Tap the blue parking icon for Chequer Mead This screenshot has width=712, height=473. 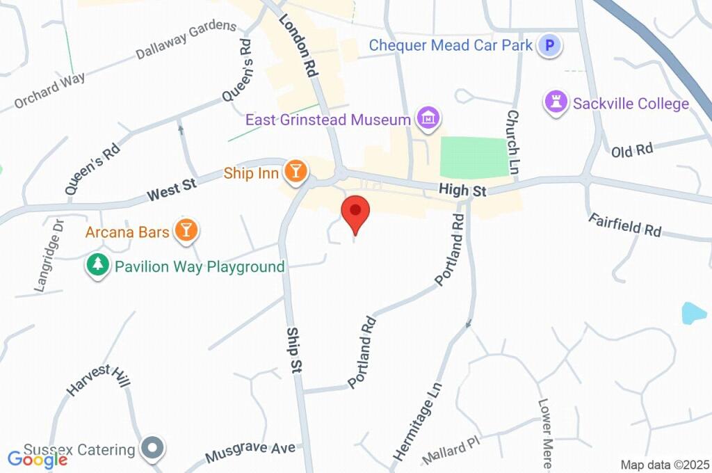click(552, 46)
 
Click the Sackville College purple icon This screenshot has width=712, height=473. click(556, 102)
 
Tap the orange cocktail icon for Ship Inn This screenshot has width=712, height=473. click(296, 172)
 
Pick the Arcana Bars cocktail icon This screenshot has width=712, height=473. click(186, 230)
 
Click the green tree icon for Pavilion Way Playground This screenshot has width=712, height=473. click(98, 265)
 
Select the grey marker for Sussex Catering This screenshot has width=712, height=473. click(151, 449)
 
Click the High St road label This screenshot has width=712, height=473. click(457, 189)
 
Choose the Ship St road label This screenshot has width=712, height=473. click(294, 351)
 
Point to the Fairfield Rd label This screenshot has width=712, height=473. click(624, 225)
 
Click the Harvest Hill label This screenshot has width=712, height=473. click(99, 380)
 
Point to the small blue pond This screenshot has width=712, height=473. click(694, 313)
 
